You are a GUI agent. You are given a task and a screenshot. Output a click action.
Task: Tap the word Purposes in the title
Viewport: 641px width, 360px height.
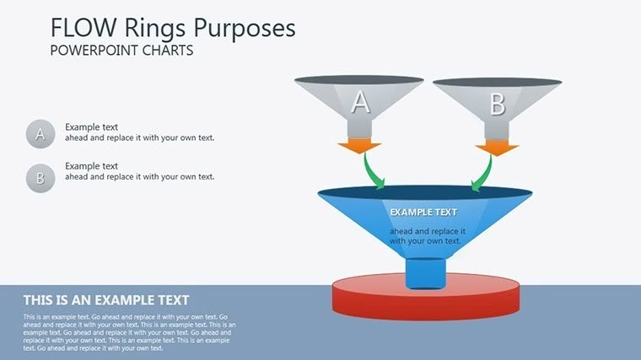(x=245, y=28)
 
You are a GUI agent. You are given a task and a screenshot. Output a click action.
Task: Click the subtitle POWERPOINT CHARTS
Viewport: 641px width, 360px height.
(x=121, y=51)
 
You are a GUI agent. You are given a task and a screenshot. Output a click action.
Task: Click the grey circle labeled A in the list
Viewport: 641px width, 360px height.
(x=40, y=133)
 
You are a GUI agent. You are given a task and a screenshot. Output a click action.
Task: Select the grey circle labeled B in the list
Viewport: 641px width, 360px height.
(x=40, y=177)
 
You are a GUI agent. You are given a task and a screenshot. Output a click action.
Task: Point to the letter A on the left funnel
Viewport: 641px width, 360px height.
(x=360, y=103)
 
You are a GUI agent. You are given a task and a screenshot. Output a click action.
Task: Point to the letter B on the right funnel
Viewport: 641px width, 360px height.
(x=497, y=105)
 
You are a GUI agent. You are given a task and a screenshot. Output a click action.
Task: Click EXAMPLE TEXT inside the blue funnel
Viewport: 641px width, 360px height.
(x=423, y=212)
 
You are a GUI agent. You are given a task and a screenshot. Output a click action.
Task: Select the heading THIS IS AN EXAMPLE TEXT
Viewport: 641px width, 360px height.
(x=106, y=300)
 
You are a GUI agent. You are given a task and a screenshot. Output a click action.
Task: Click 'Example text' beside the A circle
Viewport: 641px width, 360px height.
(x=92, y=127)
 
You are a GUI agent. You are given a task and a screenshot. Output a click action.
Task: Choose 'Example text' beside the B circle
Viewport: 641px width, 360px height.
(x=92, y=166)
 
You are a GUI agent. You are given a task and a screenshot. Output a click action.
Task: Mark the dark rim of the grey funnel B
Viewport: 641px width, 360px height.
(x=497, y=82)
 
